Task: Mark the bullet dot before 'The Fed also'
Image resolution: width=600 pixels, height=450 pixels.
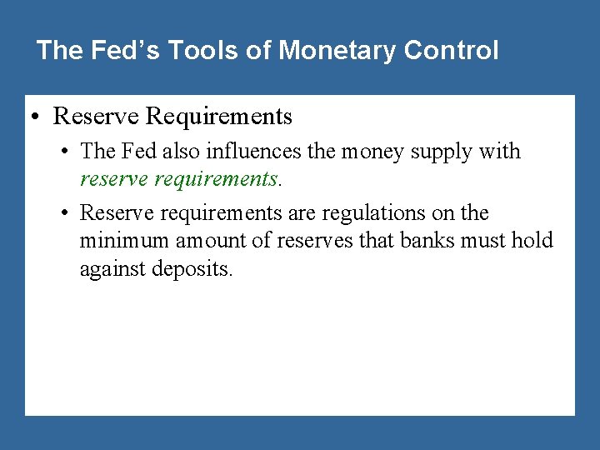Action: pos(65,152)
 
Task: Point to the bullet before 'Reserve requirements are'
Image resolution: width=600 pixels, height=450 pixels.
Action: pos(65,213)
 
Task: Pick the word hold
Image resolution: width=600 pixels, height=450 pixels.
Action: pos(534,241)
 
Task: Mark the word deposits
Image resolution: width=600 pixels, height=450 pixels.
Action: pos(190,270)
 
